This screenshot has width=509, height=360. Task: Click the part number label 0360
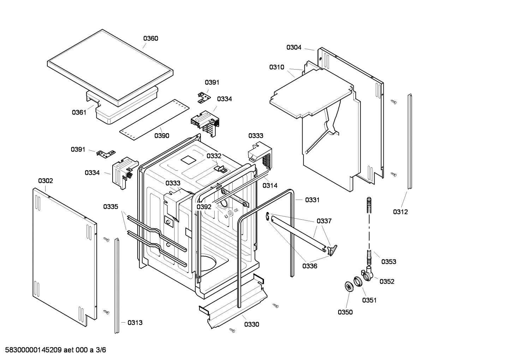coord(150,39)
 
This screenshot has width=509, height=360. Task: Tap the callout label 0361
coord(79,112)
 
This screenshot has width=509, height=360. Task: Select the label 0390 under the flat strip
coord(162,136)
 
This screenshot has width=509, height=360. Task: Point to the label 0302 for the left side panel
coord(46,181)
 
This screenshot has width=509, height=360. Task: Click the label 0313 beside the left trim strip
coord(135,323)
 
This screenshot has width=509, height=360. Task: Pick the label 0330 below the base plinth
coord(251,324)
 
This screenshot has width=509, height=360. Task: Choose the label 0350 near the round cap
coord(345,312)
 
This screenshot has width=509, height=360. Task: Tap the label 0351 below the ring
coord(369,300)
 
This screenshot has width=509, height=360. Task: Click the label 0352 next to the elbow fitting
coord(387,281)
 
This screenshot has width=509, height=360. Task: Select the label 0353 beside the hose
coord(389,261)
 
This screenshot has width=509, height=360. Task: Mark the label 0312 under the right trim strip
coord(400,212)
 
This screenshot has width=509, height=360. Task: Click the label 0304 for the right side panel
coord(294,47)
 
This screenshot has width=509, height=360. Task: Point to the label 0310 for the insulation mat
coord(276,67)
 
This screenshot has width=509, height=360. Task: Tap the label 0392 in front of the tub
coord(204,207)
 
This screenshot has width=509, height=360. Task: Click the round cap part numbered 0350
coord(349,287)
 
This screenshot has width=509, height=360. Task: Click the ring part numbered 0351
coord(358,282)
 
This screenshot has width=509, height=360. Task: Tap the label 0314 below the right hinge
coord(270,185)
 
